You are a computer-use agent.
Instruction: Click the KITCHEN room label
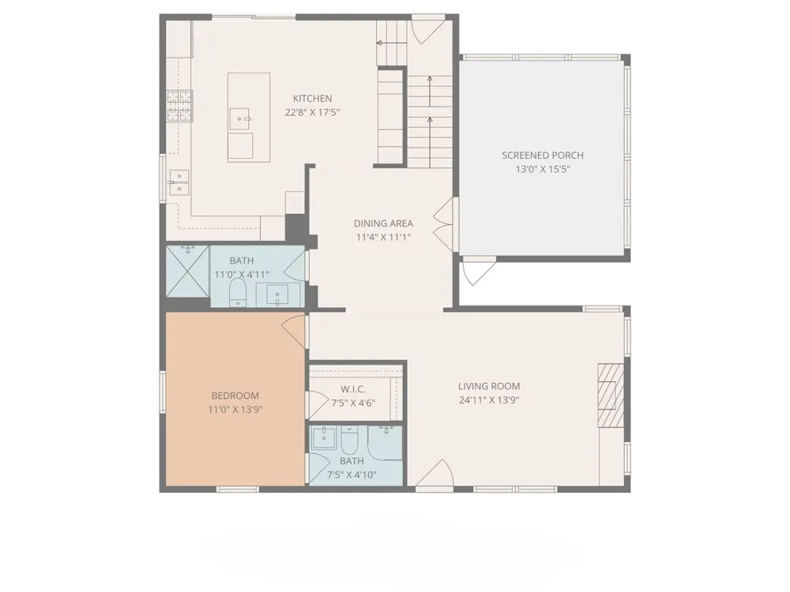(312, 99)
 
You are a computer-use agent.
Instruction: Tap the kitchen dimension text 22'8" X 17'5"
(312, 112)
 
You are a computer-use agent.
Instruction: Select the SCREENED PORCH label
(543, 155)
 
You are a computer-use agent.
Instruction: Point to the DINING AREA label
(383, 223)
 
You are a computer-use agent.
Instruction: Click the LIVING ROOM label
(489, 386)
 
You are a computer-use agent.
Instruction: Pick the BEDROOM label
(235, 395)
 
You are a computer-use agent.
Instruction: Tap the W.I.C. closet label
(353, 389)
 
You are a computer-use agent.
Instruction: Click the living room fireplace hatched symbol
(611, 395)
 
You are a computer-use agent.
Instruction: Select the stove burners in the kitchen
(180, 106)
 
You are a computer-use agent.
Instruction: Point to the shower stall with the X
(187, 272)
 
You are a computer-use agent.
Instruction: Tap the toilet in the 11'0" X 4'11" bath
(238, 293)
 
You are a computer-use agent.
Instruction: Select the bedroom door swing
(294, 331)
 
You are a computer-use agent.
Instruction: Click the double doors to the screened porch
(446, 224)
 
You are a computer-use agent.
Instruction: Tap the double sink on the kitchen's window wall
(179, 182)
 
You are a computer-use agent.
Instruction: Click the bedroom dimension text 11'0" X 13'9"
(235, 410)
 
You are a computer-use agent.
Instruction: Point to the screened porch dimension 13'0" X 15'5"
(543, 170)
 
